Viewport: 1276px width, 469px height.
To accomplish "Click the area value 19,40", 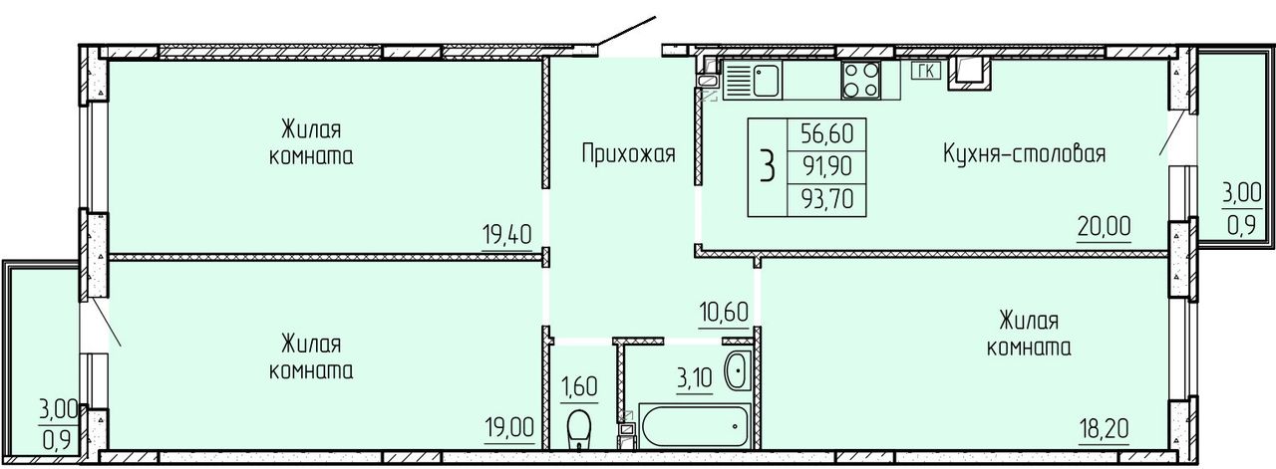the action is pyautogui.click(x=507, y=235).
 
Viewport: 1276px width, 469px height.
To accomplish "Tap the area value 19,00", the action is pyautogui.click(x=509, y=427).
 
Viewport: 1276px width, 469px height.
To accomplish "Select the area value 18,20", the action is pyautogui.click(x=1104, y=428).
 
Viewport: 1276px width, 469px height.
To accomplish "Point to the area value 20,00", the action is pyautogui.click(x=1104, y=226).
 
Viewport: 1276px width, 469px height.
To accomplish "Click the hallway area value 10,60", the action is pyautogui.click(x=724, y=312).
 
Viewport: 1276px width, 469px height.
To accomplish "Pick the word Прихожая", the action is pyautogui.click(x=628, y=154).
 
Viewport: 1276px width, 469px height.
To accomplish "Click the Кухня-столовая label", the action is pyautogui.click(x=1025, y=153).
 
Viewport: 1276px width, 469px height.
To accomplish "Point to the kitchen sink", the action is pyautogui.click(x=753, y=81).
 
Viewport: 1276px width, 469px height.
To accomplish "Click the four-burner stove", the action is pyautogui.click(x=860, y=80).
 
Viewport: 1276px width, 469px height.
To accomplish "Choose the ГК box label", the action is pyautogui.click(x=926, y=71).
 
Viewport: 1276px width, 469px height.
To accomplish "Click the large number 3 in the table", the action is pyautogui.click(x=768, y=167).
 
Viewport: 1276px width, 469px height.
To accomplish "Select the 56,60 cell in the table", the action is pyautogui.click(x=827, y=134).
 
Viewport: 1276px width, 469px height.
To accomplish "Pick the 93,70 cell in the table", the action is pyautogui.click(x=827, y=200).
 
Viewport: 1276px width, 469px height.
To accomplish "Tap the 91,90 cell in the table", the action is pyautogui.click(x=827, y=166).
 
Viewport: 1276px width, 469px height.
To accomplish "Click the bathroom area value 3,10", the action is pyautogui.click(x=695, y=378).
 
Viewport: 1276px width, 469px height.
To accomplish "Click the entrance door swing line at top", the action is pyautogui.click(x=627, y=31).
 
